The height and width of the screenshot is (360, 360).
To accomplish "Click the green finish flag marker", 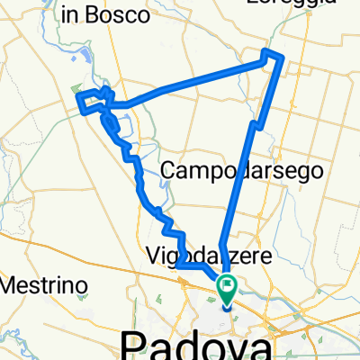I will point(226,290).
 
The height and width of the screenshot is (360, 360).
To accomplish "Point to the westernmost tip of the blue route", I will point(79,97).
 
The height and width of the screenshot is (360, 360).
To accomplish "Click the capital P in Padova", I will point(134,344).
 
